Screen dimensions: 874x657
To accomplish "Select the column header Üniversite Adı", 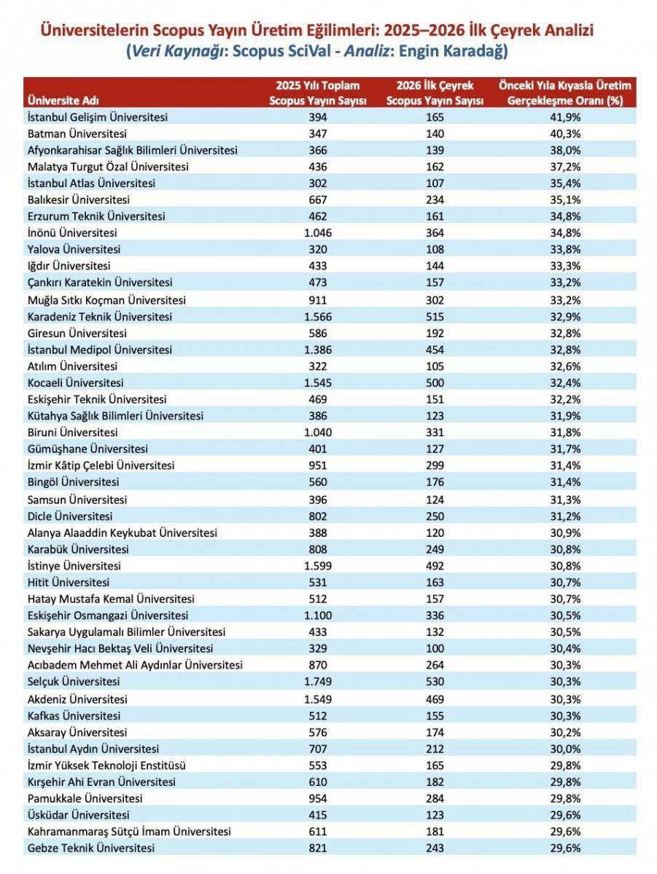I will (x=63, y=101).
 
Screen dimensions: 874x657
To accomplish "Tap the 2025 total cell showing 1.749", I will (x=318, y=682).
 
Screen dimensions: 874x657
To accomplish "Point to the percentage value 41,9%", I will (x=566, y=117).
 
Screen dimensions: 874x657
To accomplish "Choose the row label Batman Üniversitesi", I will (x=77, y=134).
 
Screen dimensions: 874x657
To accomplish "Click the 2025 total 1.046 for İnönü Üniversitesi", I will (x=318, y=233).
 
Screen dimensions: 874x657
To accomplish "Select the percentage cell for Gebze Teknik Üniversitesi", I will (x=566, y=848).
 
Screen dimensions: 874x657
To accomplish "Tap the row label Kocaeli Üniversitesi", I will (x=75, y=382).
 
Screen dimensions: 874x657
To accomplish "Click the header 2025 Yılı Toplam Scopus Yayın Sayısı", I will (x=318, y=93).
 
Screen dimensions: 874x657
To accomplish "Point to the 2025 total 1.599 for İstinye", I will (x=318, y=565).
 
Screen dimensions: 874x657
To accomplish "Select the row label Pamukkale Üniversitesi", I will (x=84, y=798).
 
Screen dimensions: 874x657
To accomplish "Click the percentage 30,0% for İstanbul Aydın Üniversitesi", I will (x=566, y=749).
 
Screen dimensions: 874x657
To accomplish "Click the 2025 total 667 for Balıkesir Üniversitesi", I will (x=318, y=200).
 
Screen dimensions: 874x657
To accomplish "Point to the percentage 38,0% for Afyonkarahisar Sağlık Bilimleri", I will (x=566, y=150).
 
